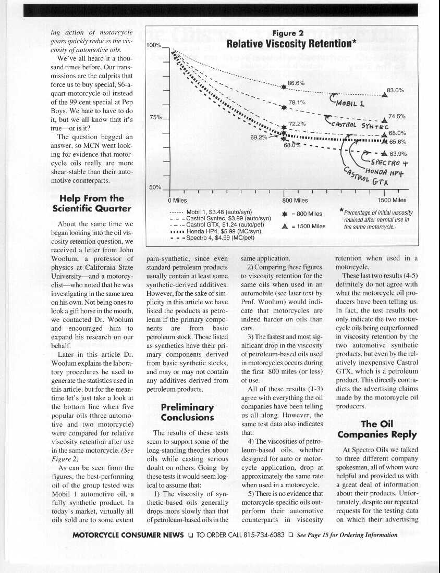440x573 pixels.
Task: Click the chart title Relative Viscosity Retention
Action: tap(291, 44)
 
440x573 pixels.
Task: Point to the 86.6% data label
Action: tap(296, 82)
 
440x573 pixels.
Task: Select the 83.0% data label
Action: tap(396, 90)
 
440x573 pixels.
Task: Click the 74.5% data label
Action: tap(397, 117)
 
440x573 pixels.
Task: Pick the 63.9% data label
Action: tap(398, 154)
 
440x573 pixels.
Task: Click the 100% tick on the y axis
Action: tap(154, 45)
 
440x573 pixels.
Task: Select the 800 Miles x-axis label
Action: tap(295, 200)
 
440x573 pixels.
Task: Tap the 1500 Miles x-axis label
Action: tap(392, 200)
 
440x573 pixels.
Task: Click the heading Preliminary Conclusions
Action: tap(187, 412)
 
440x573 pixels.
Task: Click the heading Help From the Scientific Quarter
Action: tap(92, 203)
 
